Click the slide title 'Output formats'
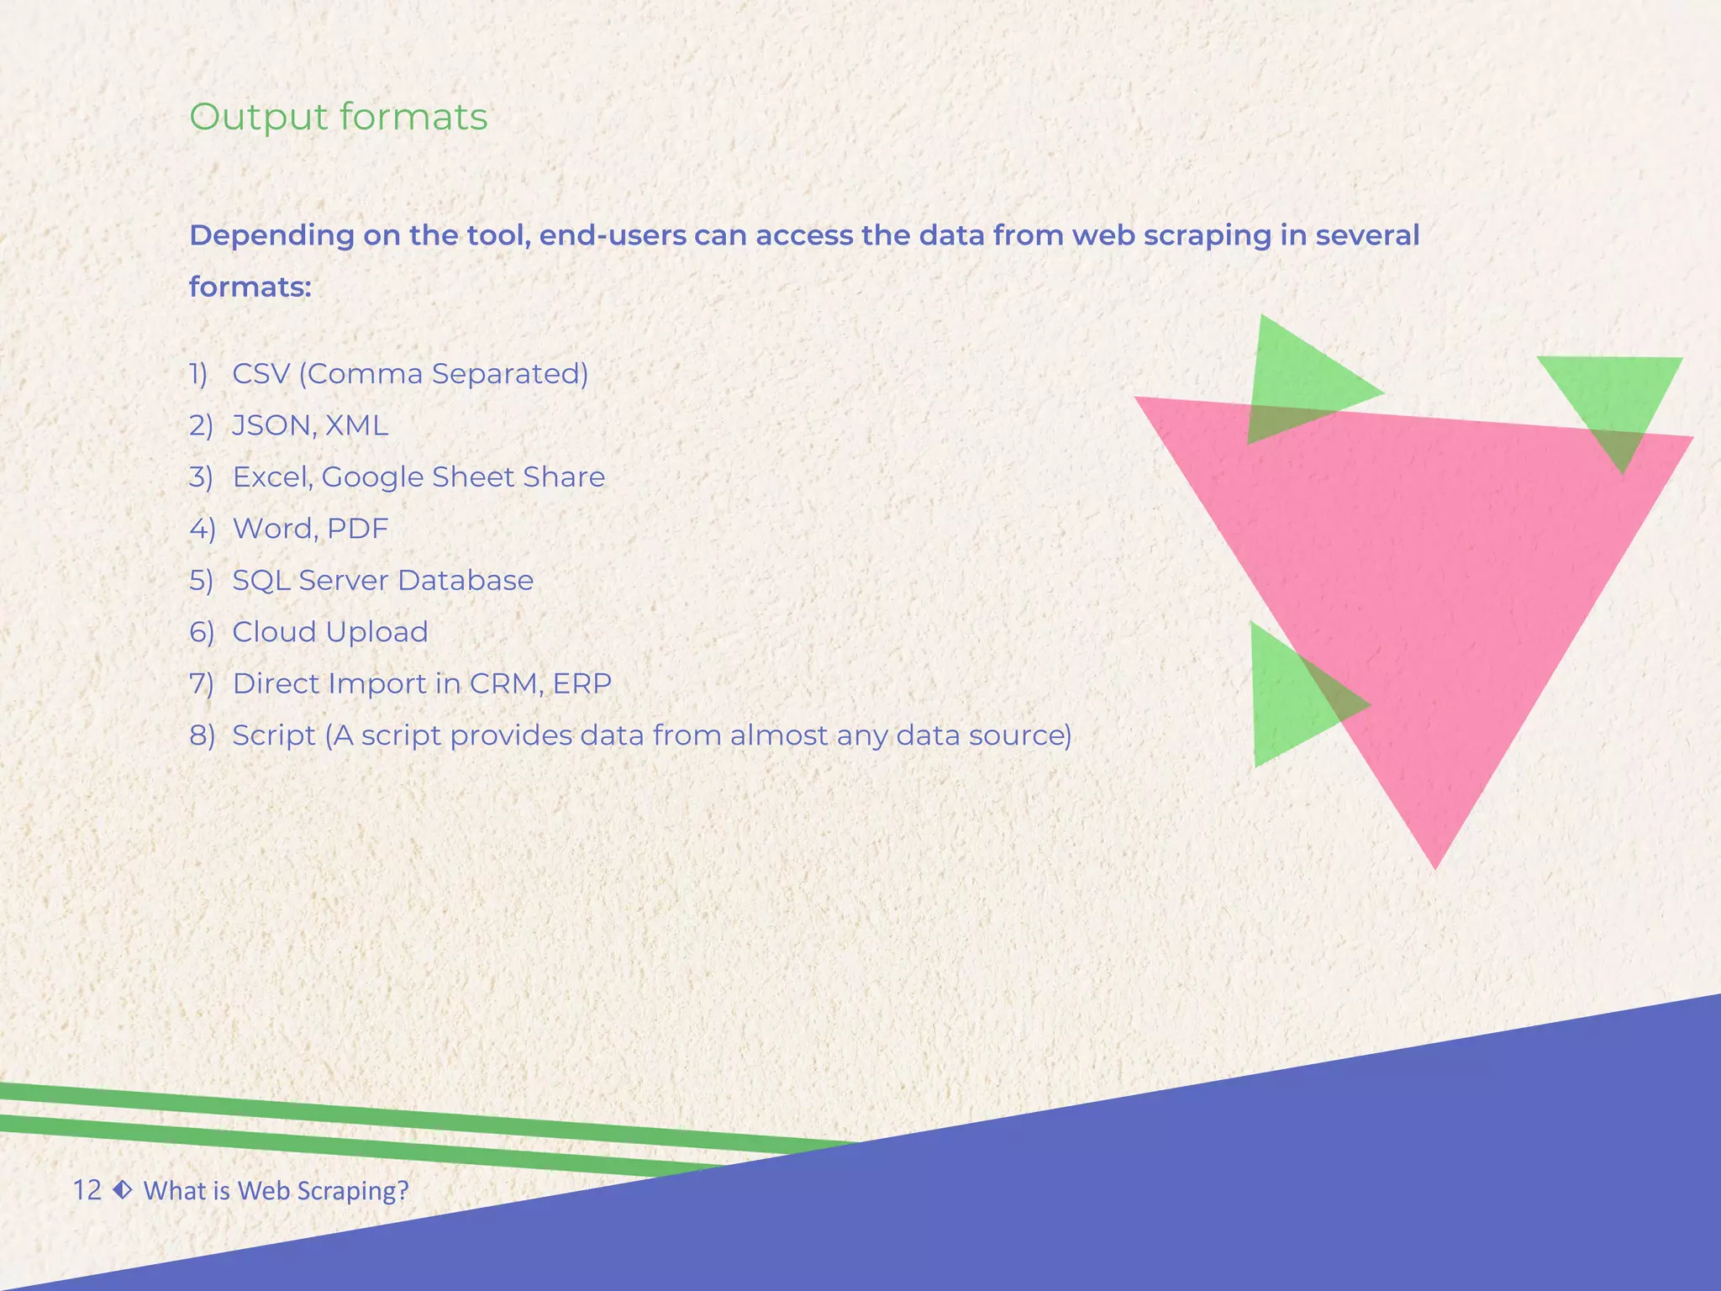click(338, 117)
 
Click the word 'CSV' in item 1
click(261, 374)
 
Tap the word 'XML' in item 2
click(356, 426)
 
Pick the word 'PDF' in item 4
click(358, 529)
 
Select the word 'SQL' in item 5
click(261, 581)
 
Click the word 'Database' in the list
click(466, 581)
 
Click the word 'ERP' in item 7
click(582, 684)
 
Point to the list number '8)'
click(202, 735)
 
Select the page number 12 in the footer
click(87, 1190)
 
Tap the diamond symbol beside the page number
click(123, 1189)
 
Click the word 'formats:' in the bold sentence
click(250, 287)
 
